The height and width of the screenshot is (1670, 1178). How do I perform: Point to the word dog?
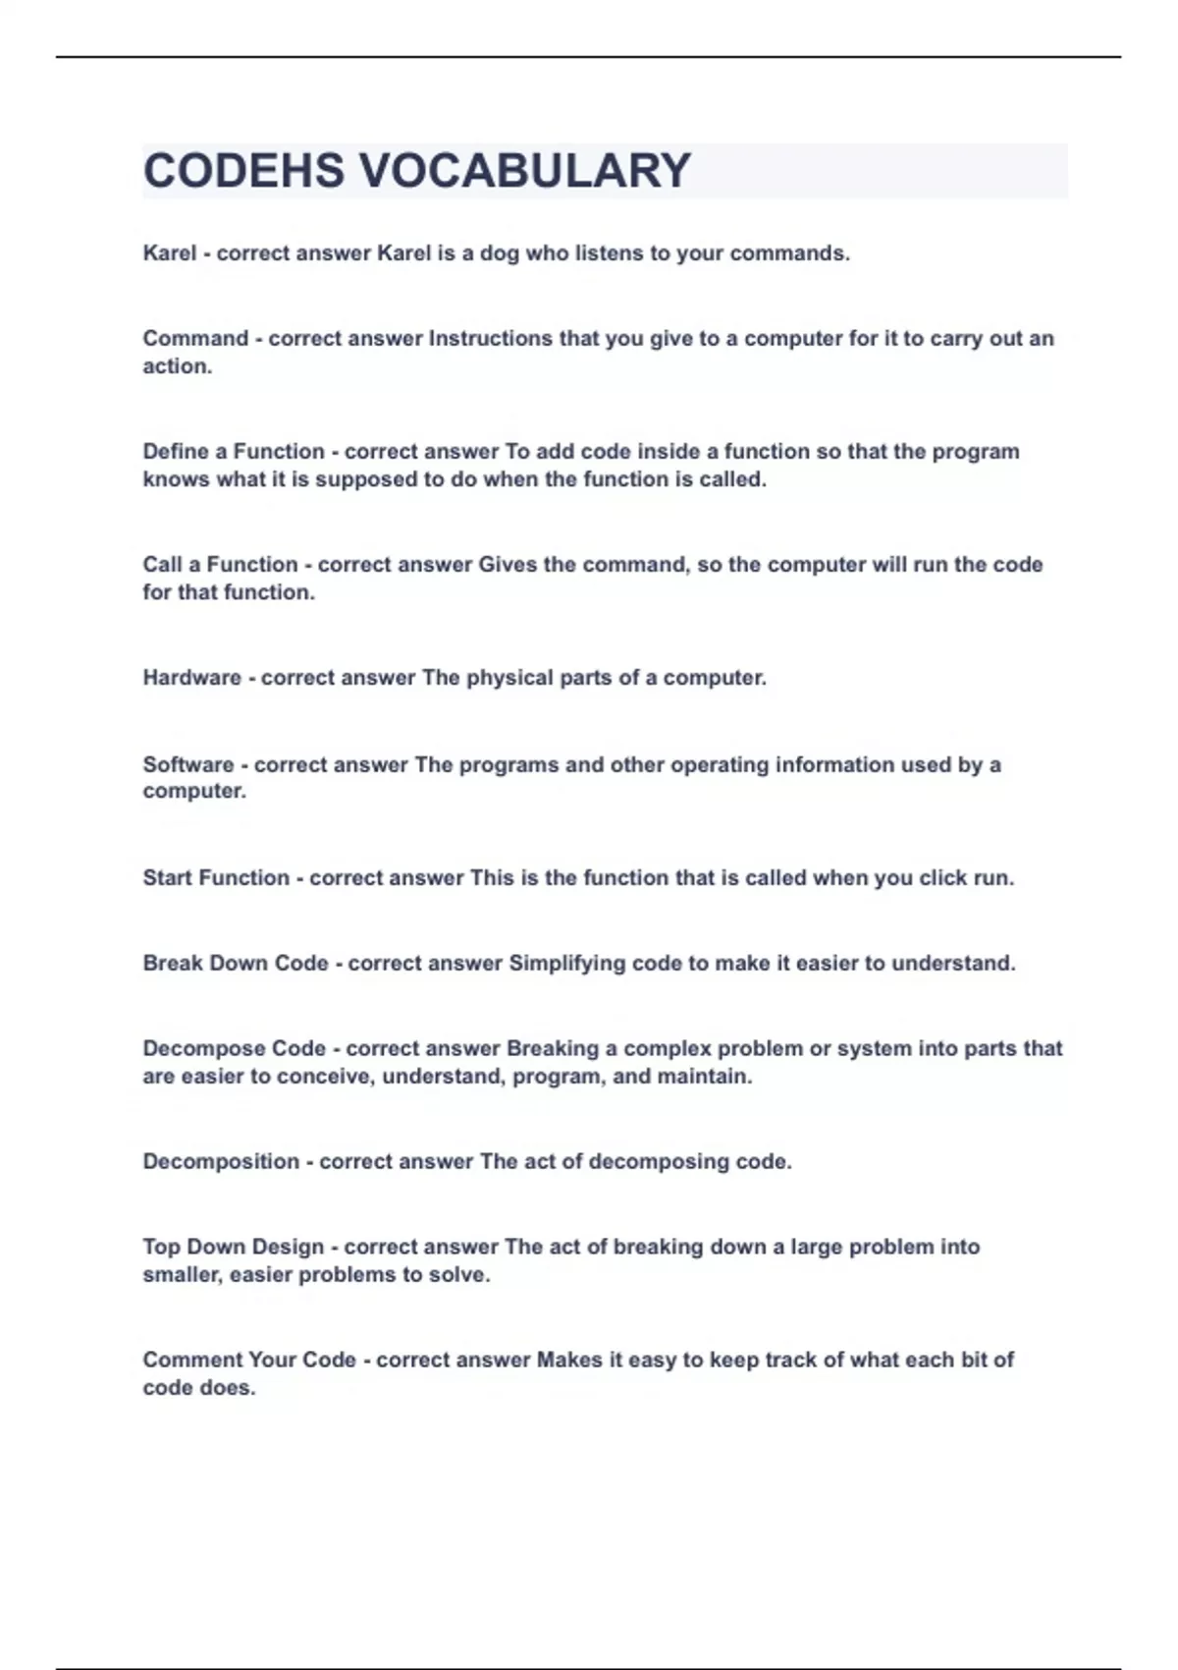(500, 253)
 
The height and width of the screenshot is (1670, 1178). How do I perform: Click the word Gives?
(508, 565)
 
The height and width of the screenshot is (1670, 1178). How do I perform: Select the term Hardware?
(191, 678)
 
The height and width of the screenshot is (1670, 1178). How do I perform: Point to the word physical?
(509, 678)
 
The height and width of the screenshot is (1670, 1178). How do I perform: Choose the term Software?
(187, 765)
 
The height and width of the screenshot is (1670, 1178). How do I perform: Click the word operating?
(706, 765)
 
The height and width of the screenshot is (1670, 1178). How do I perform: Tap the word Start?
(168, 878)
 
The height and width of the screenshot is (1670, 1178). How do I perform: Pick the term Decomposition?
(221, 1162)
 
